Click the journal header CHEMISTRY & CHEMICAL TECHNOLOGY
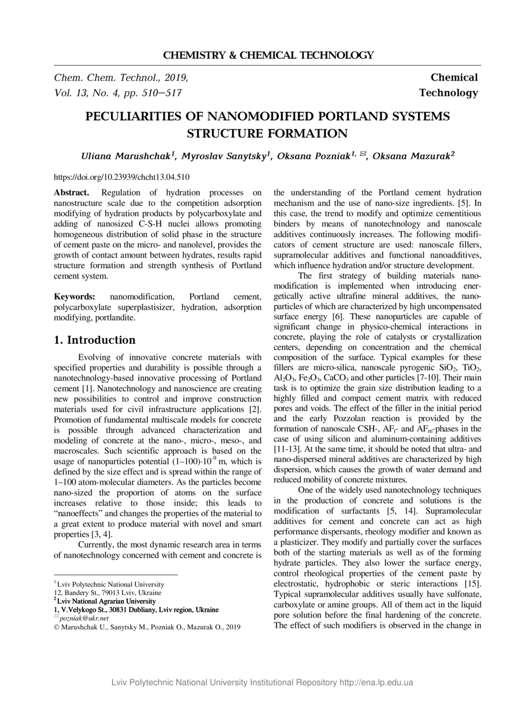(268, 55)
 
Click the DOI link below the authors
(122, 177)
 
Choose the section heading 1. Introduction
(94, 340)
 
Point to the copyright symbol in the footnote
(57, 627)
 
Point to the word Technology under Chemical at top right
(448, 93)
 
